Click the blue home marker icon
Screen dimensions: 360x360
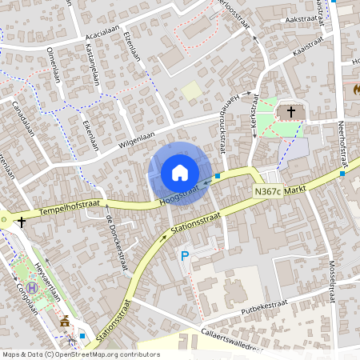click(180, 173)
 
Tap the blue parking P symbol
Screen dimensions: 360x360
click(185, 256)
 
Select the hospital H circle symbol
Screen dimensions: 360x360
click(32, 288)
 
